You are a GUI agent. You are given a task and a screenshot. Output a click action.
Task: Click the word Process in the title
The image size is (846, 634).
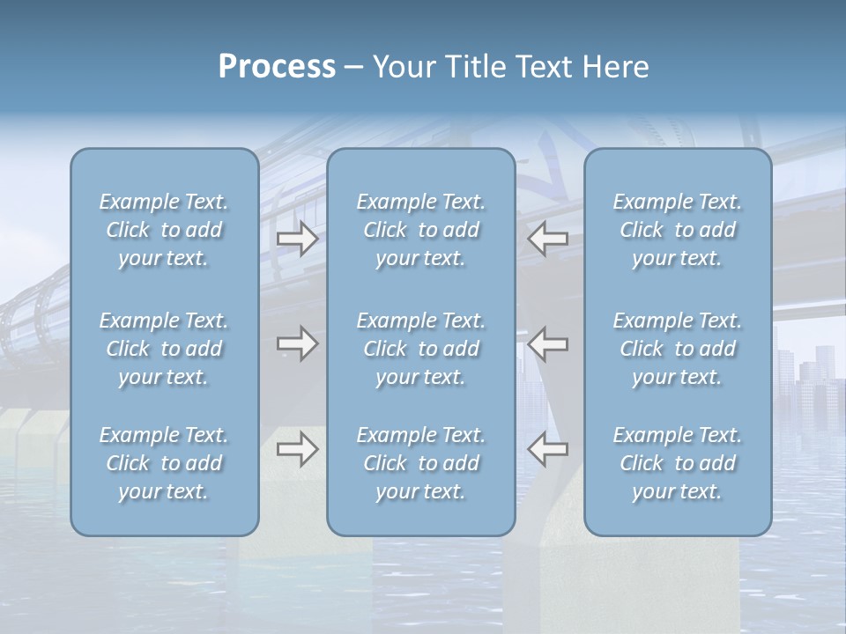click(277, 67)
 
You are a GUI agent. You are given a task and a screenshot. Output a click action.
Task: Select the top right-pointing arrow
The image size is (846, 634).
click(297, 239)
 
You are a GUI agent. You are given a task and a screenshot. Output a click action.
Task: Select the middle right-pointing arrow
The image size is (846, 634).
click(297, 343)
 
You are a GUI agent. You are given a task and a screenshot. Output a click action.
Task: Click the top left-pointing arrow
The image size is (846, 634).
click(547, 239)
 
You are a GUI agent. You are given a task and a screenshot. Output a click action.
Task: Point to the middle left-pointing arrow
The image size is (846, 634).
click(547, 343)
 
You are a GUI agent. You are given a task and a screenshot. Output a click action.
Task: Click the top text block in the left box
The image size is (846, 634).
click(164, 230)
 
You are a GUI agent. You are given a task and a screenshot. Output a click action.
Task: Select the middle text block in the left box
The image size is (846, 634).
click(164, 349)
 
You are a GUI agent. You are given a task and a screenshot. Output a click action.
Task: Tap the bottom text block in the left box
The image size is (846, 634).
click(164, 463)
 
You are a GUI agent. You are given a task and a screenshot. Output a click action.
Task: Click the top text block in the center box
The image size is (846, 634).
click(420, 230)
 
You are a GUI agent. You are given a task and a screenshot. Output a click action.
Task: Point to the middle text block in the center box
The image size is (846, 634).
click(420, 349)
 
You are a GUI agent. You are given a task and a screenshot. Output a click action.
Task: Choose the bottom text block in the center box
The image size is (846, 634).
click(420, 463)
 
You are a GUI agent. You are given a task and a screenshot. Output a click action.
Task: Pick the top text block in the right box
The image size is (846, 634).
click(677, 230)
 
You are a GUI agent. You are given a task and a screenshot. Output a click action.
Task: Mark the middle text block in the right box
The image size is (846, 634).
click(677, 349)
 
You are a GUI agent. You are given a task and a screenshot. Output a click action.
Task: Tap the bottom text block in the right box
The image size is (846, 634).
click(677, 463)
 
